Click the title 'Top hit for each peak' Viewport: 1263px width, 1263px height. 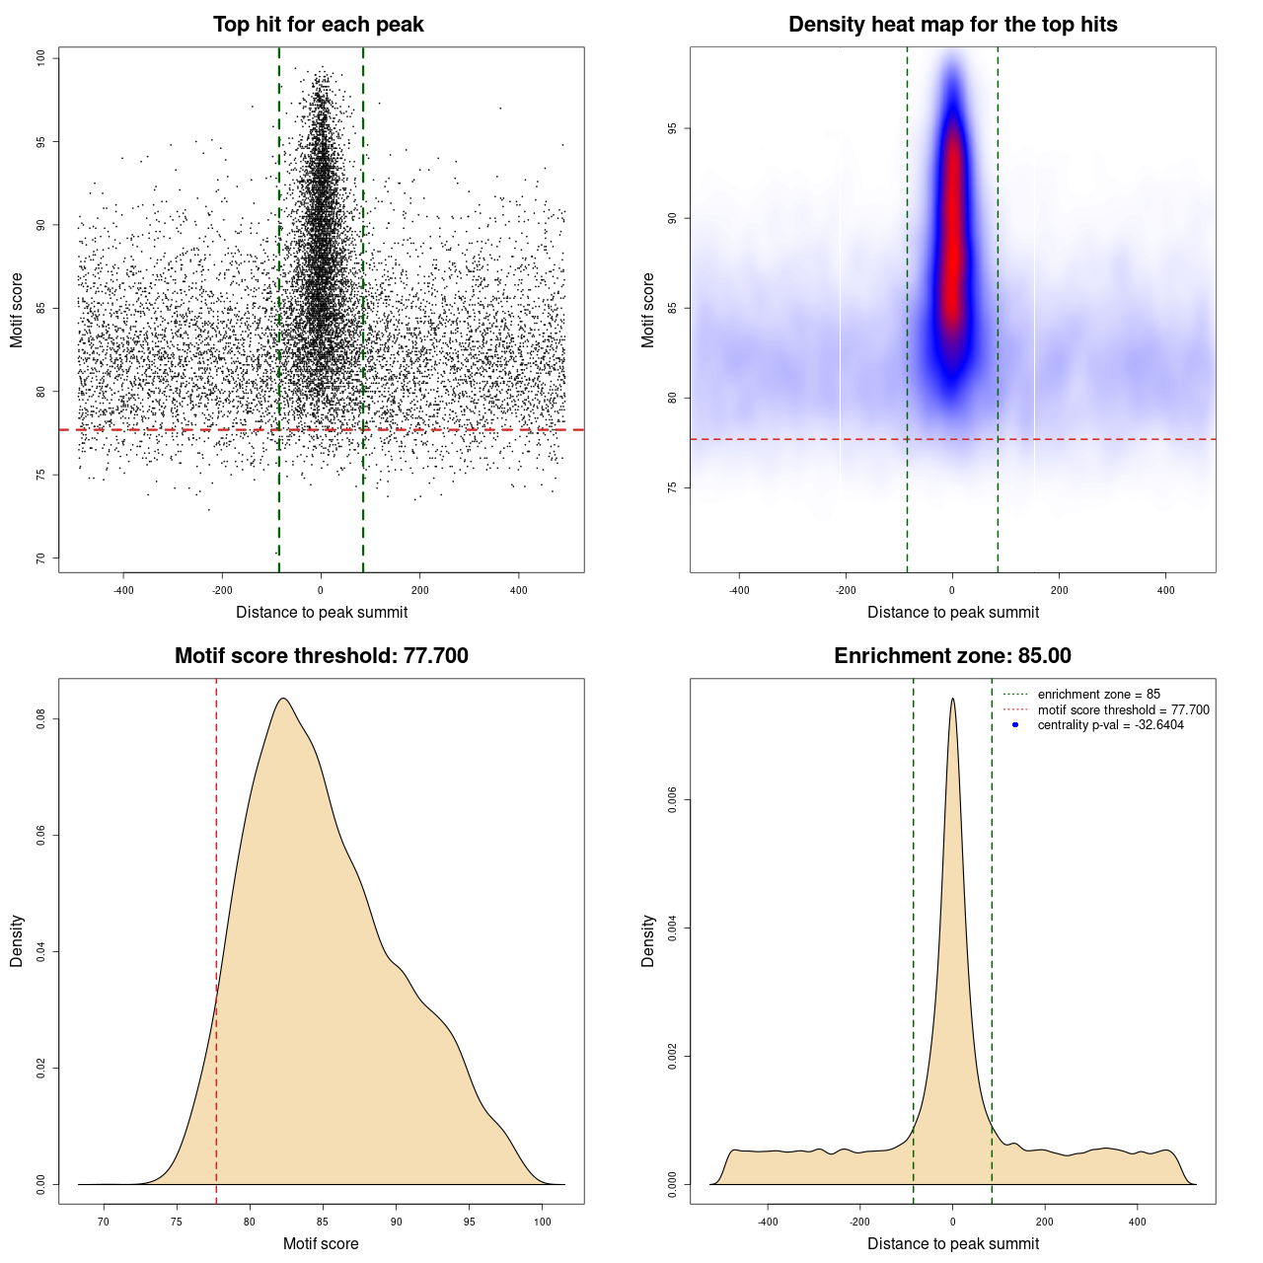click(318, 25)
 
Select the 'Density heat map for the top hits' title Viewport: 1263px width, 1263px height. click(952, 25)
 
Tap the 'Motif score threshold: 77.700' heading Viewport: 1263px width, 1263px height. click(321, 656)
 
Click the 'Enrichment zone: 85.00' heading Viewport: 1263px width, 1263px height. click(952, 656)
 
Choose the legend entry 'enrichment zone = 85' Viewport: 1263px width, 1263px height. click(1098, 695)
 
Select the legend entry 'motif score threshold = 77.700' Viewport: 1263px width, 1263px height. click(1123, 710)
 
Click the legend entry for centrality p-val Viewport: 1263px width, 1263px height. click(1110, 725)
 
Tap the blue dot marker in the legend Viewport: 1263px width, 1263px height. click(1015, 725)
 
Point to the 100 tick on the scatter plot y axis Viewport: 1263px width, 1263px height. click(41, 58)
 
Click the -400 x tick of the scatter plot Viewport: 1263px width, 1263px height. click(123, 590)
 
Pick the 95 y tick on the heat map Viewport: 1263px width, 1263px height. click(673, 128)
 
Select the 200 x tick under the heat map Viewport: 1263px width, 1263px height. click(1059, 590)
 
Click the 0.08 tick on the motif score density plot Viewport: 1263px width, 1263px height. click(41, 720)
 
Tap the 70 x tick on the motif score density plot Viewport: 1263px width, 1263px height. click(104, 1222)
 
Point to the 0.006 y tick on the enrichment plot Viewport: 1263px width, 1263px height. click(673, 800)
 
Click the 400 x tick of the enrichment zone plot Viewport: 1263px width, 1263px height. click(1138, 1222)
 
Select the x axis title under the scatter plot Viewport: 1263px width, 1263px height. click(322, 613)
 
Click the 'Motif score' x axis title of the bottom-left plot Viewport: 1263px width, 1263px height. click(321, 1244)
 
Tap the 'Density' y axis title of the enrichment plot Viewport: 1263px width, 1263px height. click(648, 940)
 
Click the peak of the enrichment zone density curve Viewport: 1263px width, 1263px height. click(952, 700)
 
